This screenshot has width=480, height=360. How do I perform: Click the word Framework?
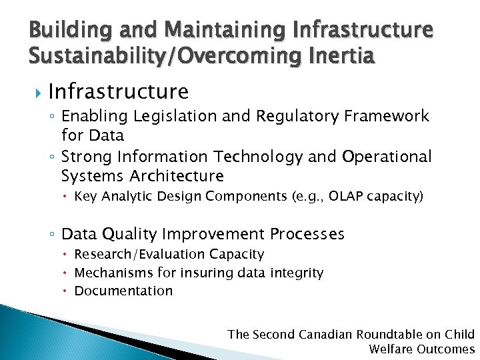tap(387, 116)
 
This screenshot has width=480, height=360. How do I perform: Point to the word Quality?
tap(130, 234)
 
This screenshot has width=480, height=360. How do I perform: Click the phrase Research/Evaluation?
tap(139, 255)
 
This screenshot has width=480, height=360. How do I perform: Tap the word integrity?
tap(297, 273)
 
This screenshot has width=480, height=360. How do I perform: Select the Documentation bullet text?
tap(123, 291)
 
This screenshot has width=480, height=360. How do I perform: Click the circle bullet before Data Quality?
tap(53, 235)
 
